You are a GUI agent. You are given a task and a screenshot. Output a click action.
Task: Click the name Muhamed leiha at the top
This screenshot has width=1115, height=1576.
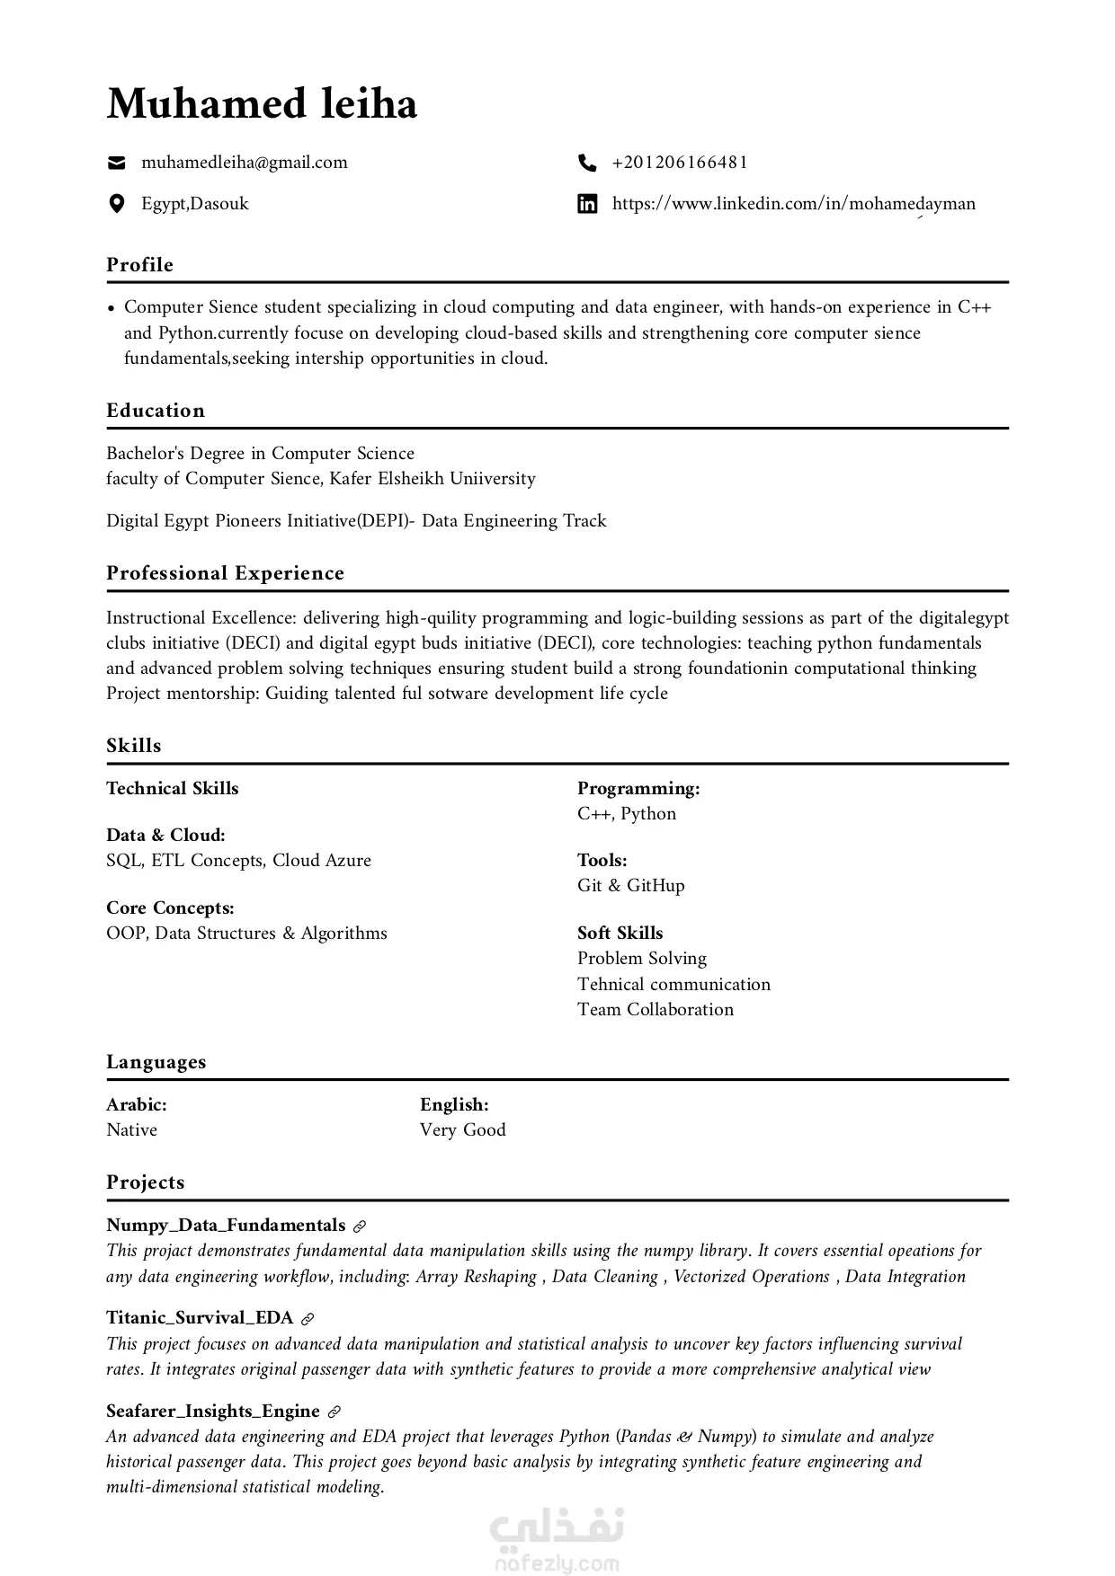point(262,104)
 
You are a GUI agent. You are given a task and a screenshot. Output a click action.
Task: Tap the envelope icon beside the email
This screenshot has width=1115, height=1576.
point(116,163)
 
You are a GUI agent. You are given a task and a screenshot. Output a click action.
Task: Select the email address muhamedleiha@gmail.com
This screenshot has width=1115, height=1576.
point(244,163)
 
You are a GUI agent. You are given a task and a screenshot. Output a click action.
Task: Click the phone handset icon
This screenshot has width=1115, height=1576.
point(587,163)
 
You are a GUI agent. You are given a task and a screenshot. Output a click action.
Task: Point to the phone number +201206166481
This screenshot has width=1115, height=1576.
point(680,163)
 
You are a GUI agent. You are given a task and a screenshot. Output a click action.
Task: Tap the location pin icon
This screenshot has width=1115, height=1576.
point(116,204)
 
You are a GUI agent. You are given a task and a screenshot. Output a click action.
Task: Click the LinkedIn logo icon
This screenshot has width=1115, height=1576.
point(587,204)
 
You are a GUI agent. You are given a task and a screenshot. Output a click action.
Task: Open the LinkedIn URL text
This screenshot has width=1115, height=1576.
point(793,204)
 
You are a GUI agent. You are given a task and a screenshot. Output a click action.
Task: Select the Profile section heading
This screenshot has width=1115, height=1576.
point(139,265)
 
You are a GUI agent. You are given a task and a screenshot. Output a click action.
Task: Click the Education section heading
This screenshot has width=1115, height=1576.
point(156,411)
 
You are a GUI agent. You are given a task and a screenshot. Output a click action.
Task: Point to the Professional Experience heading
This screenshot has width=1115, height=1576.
point(225,573)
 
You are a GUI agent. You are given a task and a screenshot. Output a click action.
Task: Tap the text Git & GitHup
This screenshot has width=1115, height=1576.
point(630,886)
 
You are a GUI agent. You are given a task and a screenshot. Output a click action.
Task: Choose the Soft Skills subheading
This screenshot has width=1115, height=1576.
point(620,934)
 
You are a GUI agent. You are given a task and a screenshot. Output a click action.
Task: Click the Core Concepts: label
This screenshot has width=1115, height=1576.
point(170,908)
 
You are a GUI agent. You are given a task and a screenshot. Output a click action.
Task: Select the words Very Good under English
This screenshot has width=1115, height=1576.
point(462,1130)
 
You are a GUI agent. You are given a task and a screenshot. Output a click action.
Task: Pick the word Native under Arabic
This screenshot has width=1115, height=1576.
point(131,1130)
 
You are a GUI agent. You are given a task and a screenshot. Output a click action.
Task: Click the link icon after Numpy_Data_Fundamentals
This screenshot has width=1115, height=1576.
point(360,1226)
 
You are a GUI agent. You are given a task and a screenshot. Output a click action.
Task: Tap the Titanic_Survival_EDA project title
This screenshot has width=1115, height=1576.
point(200,1318)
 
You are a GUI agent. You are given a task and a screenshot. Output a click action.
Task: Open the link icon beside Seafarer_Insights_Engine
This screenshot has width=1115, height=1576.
point(334,1412)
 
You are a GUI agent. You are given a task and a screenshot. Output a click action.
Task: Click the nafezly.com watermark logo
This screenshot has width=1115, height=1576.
point(557,1538)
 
